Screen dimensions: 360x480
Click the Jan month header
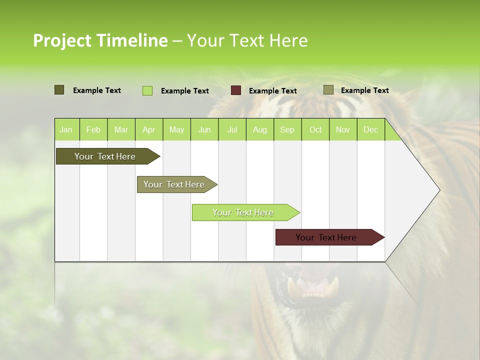66,129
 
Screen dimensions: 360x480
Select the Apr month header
149,129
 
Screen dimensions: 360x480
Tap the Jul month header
232,129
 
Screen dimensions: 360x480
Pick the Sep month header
287,129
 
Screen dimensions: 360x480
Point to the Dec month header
370,129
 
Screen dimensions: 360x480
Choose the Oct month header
315,129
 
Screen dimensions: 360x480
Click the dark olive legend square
59,90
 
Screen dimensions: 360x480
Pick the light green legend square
147,90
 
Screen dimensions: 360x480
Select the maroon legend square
236,90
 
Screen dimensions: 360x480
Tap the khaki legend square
328,90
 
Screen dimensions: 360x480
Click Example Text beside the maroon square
273,91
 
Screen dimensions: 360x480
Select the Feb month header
93,129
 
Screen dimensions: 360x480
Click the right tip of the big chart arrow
439,190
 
